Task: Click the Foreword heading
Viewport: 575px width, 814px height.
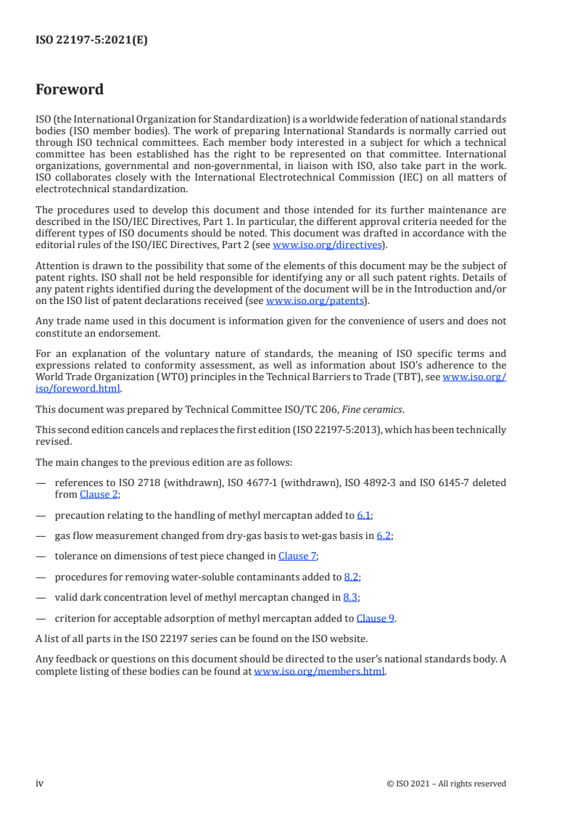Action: [70, 90]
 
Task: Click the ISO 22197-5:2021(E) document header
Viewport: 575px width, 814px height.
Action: [91, 41]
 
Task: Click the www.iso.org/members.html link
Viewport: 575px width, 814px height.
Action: [319, 672]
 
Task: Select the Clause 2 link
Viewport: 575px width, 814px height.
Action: [99, 494]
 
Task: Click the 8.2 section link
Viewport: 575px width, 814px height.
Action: [352, 577]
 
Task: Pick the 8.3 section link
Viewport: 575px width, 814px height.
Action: [350, 598]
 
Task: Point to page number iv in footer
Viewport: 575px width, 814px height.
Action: [40, 783]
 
